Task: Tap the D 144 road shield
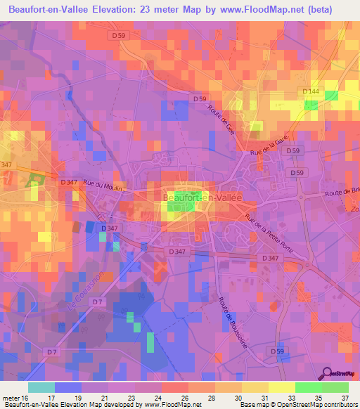[x=310, y=91]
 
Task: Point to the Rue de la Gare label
[x=270, y=146]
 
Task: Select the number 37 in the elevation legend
[x=345, y=398]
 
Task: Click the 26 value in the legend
[x=185, y=398]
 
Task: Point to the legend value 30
[x=238, y=398]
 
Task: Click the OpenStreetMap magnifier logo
[x=328, y=375]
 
